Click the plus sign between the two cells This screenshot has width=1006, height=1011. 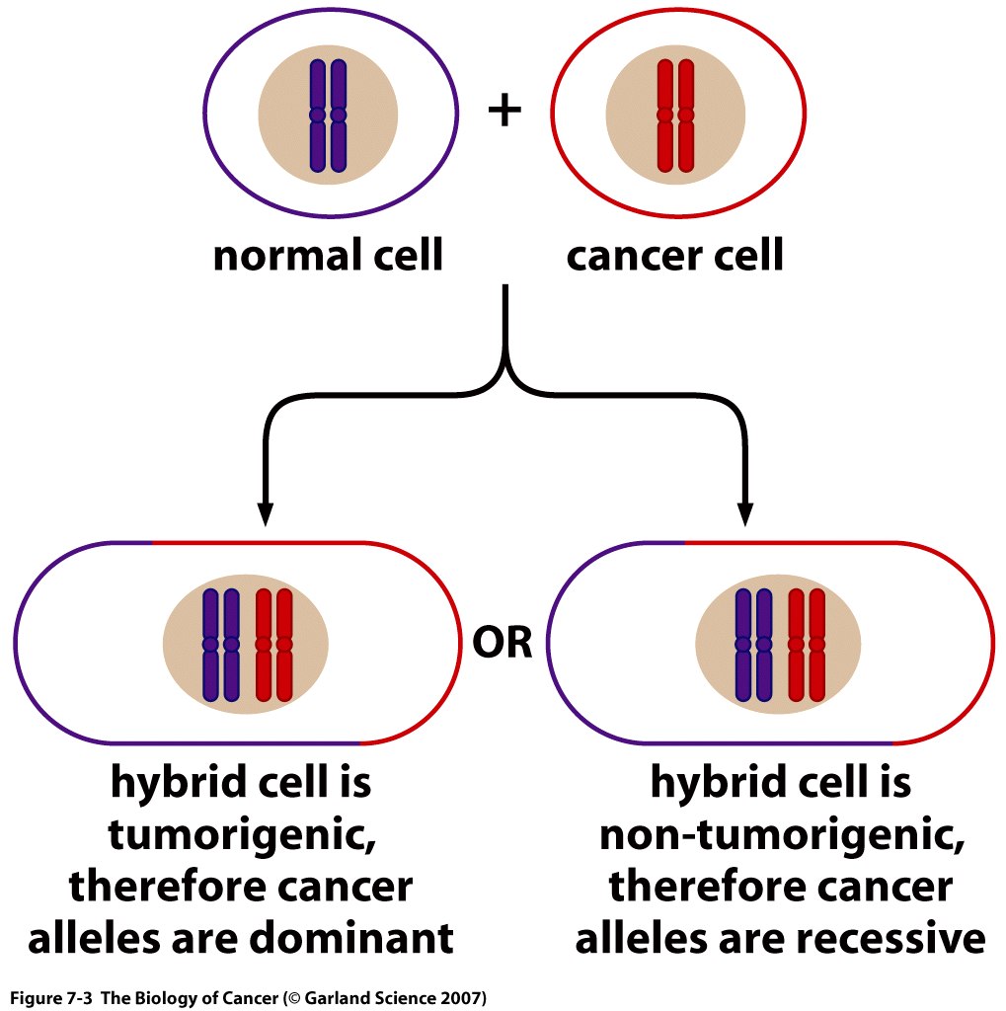[x=504, y=111]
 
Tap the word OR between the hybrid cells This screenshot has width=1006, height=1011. [x=503, y=644]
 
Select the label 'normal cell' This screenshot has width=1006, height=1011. [x=329, y=256]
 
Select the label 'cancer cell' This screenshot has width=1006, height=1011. [x=675, y=256]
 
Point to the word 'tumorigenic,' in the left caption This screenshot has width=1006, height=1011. [x=241, y=836]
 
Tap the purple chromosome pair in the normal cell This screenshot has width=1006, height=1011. [x=329, y=116]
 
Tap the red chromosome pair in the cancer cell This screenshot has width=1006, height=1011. [x=675, y=116]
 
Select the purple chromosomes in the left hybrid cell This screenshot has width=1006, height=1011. [x=220, y=646]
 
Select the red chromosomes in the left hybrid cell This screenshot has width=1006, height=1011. [x=273, y=646]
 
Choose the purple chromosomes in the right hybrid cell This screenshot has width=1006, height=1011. [x=753, y=646]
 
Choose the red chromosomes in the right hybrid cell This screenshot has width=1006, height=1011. [x=807, y=646]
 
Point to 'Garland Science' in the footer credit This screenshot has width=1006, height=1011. [x=370, y=997]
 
